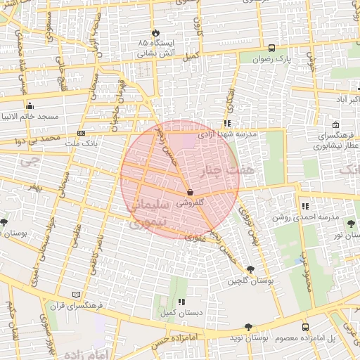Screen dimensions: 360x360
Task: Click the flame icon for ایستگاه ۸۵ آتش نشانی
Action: pos(155,33)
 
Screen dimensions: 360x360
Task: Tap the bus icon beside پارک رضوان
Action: pos(271,48)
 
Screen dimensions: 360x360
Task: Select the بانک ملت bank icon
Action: pos(82,133)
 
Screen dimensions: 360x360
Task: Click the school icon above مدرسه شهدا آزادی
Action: pos(227,123)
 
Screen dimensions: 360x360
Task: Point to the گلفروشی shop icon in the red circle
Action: pos(189,191)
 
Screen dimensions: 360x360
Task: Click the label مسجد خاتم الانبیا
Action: pos(32,115)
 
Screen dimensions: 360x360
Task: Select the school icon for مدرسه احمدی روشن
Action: pos(304,206)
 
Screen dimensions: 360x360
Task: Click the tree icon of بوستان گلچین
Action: pos(251,269)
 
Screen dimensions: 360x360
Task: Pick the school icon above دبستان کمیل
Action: pos(181,302)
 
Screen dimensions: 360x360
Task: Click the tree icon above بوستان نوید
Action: pos(247,327)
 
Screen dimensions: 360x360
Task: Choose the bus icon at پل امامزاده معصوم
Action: pos(304,327)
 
